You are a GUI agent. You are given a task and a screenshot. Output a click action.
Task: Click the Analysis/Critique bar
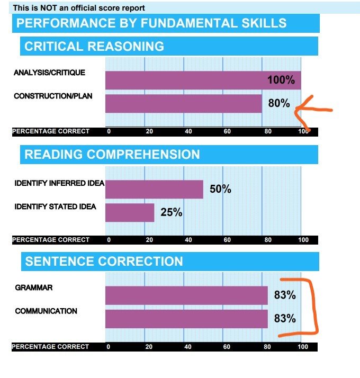[203, 80]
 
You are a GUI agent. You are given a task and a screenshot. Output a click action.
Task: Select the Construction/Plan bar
[184, 104]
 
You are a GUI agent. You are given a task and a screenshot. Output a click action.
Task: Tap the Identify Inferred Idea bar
[154, 189]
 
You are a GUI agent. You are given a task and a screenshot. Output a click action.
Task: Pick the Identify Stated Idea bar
[130, 212]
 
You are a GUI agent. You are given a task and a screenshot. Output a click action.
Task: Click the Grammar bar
[186, 295]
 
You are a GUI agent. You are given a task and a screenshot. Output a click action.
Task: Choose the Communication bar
[186, 319]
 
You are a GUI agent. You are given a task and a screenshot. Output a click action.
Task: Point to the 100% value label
[281, 80]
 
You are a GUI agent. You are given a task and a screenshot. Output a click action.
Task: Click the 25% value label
[172, 213]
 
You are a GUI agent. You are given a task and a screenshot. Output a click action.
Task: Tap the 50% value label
[220, 189]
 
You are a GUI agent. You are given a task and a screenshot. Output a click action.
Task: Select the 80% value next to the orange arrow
[279, 103]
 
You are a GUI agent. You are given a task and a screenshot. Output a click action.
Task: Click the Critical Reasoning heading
[94, 46]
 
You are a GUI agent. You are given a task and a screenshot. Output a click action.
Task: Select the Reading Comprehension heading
[112, 155]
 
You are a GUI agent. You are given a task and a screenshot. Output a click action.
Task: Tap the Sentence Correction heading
[104, 261]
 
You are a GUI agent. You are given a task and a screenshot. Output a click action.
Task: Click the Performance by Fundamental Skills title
[151, 23]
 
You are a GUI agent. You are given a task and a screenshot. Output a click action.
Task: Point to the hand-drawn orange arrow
[312, 111]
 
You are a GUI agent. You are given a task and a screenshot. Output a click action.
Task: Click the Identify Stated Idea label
[55, 206]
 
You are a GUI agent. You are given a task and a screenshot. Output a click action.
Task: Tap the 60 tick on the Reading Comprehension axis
[227, 240]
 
